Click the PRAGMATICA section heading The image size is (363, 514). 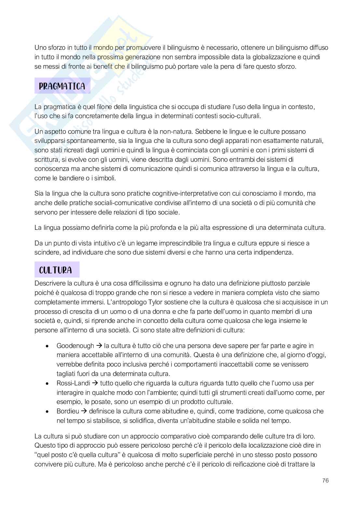(62, 86)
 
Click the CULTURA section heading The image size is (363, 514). (55, 270)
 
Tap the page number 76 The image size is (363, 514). (325, 480)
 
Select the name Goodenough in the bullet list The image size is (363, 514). (75, 346)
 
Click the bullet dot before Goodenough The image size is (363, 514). (48, 346)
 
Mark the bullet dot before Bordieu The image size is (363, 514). (48, 411)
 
